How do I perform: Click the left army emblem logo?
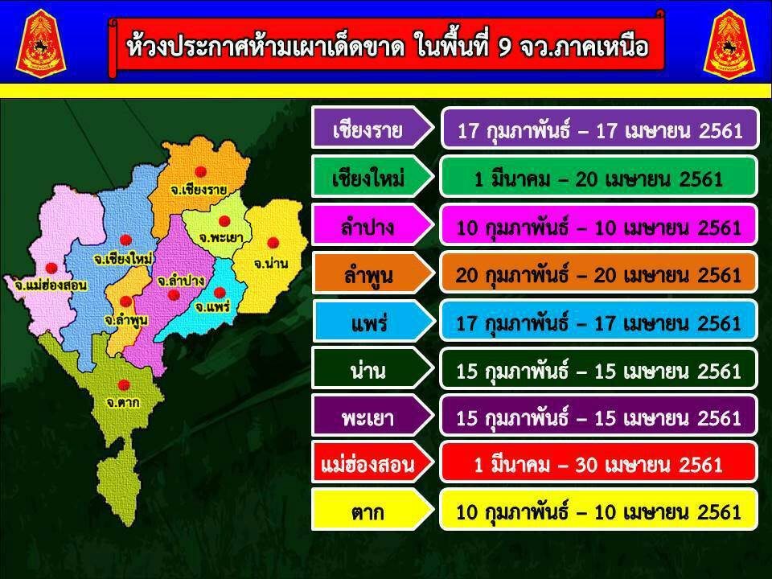pos(40,43)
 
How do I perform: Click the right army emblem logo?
pos(729,43)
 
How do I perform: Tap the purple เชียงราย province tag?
pos(372,128)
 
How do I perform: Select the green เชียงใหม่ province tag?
pos(372,177)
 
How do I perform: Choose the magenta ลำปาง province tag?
pos(372,225)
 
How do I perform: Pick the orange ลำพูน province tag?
pos(372,273)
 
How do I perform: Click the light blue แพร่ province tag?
pos(372,321)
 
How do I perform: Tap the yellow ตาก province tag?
pos(372,510)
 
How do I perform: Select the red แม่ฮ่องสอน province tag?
pos(372,462)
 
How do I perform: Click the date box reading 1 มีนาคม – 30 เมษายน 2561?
pos(598,462)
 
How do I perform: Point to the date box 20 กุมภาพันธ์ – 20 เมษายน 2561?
pos(598,273)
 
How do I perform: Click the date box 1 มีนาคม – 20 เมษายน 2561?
pos(598,177)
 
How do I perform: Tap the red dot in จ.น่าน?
pos(273,242)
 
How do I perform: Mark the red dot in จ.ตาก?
pos(124,384)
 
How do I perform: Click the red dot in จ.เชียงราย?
pos(200,171)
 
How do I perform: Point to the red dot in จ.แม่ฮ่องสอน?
pos(51,268)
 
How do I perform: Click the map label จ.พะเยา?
pos(220,238)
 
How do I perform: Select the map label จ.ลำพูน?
pos(126,320)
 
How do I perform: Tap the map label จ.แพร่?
pos(212,307)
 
